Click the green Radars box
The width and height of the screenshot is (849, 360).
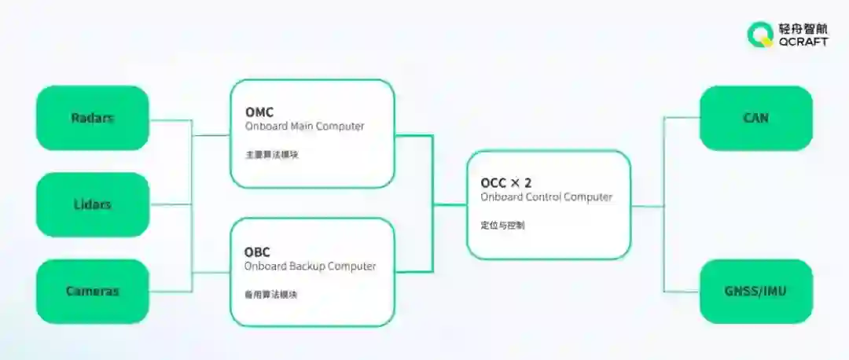tap(92, 118)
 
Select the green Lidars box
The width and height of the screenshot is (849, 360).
tap(92, 204)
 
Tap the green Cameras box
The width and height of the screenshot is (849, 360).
tap(92, 291)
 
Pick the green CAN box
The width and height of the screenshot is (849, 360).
tap(755, 118)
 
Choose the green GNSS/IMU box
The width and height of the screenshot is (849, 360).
tap(755, 292)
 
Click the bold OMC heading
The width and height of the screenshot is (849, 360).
tap(259, 112)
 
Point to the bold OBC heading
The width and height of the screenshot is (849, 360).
tap(258, 252)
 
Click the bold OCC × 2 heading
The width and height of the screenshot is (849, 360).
tap(506, 183)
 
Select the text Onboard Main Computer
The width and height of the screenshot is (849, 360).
tap(304, 127)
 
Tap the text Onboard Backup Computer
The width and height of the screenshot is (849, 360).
tap(310, 266)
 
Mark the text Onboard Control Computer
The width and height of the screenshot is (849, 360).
tap(546, 197)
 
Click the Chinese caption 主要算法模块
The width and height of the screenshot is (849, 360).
tap(271, 155)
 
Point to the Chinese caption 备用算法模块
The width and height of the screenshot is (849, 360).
tap(271, 295)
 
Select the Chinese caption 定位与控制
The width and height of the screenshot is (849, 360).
tap(503, 226)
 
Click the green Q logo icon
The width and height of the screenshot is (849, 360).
tap(759, 35)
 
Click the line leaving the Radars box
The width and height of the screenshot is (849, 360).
tap(170, 120)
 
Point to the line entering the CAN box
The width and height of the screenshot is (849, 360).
tap(682, 118)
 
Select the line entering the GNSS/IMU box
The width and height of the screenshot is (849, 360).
tap(682, 292)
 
